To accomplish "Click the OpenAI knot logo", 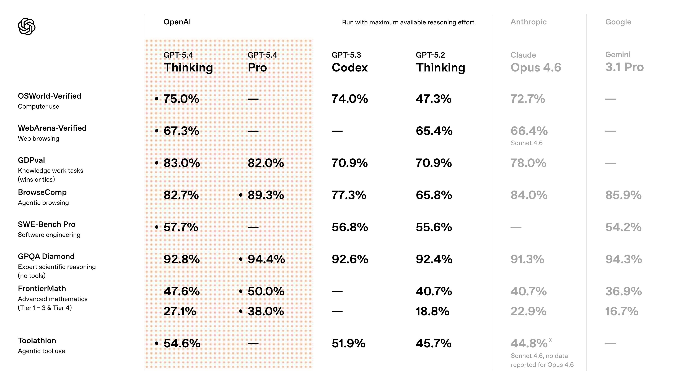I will click(x=27, y=26).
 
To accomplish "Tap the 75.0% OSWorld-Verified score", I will click(x=181, y=99).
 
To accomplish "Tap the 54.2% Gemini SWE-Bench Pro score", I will click(x=623, y=227).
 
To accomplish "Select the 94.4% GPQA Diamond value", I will click(x=266, y=259).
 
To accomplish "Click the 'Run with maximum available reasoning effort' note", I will click(x=409, y=22).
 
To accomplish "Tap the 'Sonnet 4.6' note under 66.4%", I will click(x=526, y=143).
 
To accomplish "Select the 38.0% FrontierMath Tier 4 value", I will click(x=266, y=311).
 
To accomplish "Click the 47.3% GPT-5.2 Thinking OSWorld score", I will click(x=433, y=99).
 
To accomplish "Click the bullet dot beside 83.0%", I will click(x=157, y=163).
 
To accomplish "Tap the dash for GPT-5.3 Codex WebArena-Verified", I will click(x=337, y=131).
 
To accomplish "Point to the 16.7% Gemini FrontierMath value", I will click(x=622, y=311).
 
